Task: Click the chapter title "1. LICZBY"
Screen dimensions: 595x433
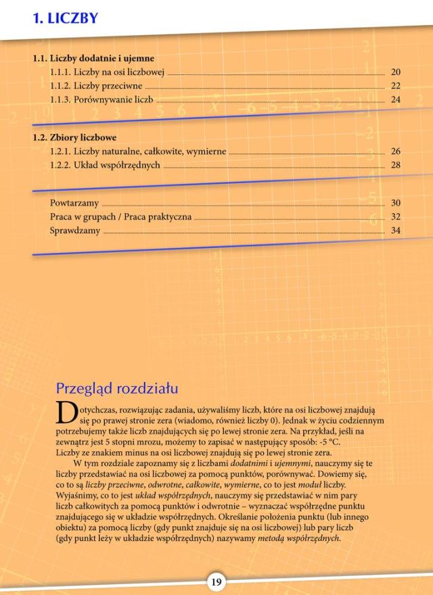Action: click(x=66, y=18)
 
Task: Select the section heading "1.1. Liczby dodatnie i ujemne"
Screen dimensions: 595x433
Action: click(x=93, y=58)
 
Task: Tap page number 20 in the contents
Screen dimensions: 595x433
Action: click(x=396, y=72)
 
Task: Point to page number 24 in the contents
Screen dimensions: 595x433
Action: click(x=396, y=99)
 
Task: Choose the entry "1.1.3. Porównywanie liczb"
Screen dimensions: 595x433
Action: click(x=101, y=99)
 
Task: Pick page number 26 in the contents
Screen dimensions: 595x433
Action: click(x=396, y=151)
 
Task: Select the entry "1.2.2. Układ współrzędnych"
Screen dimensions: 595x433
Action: click(x=105, y=165)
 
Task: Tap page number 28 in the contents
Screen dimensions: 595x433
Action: click(x=396, y=165)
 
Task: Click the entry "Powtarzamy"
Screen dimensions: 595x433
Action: click(x=74, y=203)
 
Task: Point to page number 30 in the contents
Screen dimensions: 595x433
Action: click(x=396, y=203)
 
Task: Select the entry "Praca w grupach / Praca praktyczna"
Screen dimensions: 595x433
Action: click(x=120, y=217)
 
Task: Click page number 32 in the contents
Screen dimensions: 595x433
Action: click(x=396, y=217)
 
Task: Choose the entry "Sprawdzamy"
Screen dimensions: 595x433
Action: click(x=75, y=231)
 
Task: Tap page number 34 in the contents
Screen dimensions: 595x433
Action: click(x=396, y=231)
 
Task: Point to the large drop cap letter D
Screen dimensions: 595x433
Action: click(x=66, y=412)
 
